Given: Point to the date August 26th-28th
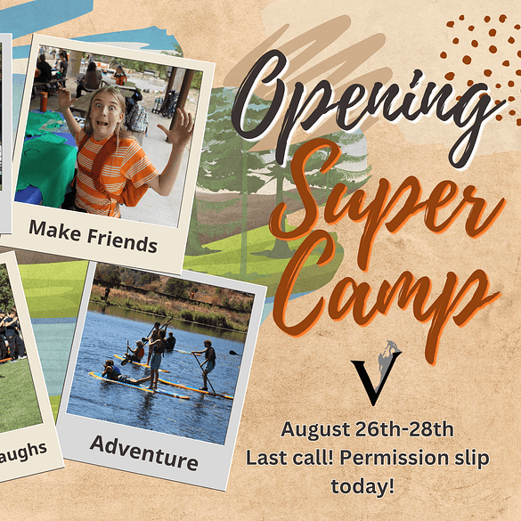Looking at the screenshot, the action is [x=367, y=429].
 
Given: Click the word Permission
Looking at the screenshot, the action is [x=393, y=458].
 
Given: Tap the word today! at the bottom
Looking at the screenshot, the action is [x=362, y=485].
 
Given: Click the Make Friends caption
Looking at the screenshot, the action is [x=93, y=237].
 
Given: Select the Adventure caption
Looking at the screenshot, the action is [x=144, y=452].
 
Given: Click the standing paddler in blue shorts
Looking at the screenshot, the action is [x=157, y=359].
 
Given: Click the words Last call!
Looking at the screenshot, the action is [x=289, y=458].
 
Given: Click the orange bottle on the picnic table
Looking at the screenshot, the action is [x=44, y=102].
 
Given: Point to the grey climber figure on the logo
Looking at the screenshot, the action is [x=387, y=360].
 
